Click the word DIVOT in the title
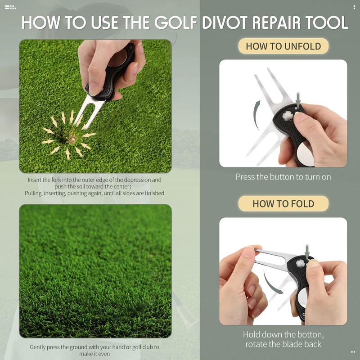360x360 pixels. click(224, 22)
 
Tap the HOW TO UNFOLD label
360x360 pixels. click(283, 46)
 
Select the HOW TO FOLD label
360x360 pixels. click(283, 203)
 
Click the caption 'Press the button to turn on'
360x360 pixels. click(283, 177)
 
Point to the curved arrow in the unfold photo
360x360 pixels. click(256, 114)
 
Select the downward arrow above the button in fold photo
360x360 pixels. click(307, 253)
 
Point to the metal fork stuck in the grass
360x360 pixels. click(90, 110)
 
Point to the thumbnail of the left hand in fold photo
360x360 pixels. click(249, 252)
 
